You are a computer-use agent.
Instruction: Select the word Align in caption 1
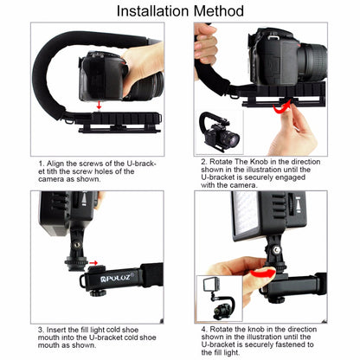click(x=57, y=162)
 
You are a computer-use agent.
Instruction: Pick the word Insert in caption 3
click(x=60, y=330)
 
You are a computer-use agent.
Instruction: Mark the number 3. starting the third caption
click(x=41, y=330)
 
